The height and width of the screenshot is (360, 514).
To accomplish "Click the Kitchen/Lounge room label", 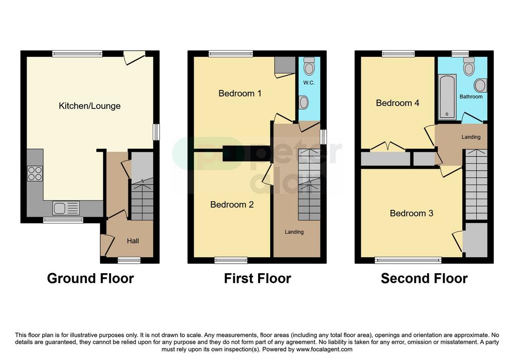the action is pos(89,106).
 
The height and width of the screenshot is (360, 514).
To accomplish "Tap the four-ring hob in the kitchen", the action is pos(35,173).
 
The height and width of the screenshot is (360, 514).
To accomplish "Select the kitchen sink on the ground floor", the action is pos(66,208).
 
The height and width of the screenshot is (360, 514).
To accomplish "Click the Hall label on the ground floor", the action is pos(133,241).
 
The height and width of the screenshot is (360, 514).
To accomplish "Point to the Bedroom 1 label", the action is pos(240,93).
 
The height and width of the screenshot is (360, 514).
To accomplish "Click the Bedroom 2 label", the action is pos(232,204).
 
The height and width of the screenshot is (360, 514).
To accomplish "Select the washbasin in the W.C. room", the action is pos(304,102).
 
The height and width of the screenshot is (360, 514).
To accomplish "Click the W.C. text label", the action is pos(309,83).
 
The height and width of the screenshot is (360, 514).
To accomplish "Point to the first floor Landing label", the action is pos(294,232).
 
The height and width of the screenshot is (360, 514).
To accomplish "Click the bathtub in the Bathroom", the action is pos(447,97).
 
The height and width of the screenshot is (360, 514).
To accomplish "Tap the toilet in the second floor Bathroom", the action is pos(469,67).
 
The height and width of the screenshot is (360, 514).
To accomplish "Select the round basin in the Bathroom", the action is pos(480,85).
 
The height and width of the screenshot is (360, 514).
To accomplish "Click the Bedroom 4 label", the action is pos(398,103).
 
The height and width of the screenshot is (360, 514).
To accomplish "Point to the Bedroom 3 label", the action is pos(412,213).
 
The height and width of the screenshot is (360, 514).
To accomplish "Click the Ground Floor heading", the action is pos(90,278).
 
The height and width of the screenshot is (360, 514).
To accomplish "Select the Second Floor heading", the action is pos(424,278).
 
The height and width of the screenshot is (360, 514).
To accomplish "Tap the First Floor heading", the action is pos(258,278).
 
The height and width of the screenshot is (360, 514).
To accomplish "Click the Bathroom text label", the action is pos(471,97).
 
